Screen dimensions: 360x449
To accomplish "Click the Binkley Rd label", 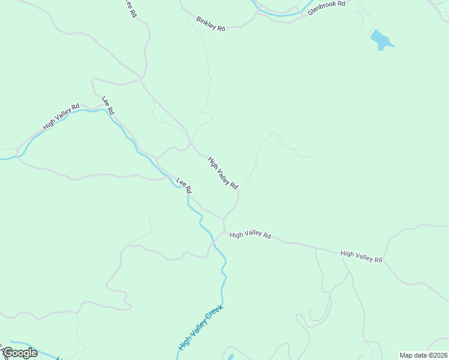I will coord(210,24).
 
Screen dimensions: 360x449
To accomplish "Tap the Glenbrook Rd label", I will coord(327,8).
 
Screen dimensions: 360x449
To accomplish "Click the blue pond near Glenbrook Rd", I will coord(381,40).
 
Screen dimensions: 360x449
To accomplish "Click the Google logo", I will coord(20,353).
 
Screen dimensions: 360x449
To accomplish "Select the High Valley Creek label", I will coord(200,328).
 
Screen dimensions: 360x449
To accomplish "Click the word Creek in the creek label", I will coord(214,313).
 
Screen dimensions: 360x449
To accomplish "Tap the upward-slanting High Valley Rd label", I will coord(61,118).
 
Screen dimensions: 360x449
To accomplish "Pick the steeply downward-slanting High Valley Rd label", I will coord(223,173).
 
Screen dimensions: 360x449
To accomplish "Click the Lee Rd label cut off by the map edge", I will coord(130,9).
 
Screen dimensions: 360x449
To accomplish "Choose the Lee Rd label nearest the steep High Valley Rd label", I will coord(184,185).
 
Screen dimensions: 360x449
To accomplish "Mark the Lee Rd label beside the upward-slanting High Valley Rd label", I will coord(108,106).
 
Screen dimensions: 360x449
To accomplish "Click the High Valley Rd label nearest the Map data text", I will coord(361,256).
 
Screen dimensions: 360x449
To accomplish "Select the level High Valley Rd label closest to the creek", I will coord(250,235).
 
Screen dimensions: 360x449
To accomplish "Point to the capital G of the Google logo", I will coord(8,353).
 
